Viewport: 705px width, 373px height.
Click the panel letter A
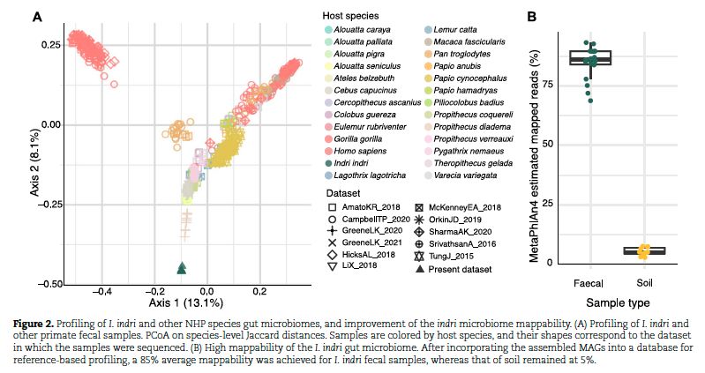click(38, 16)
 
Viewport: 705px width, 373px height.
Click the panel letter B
click(532, 16)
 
